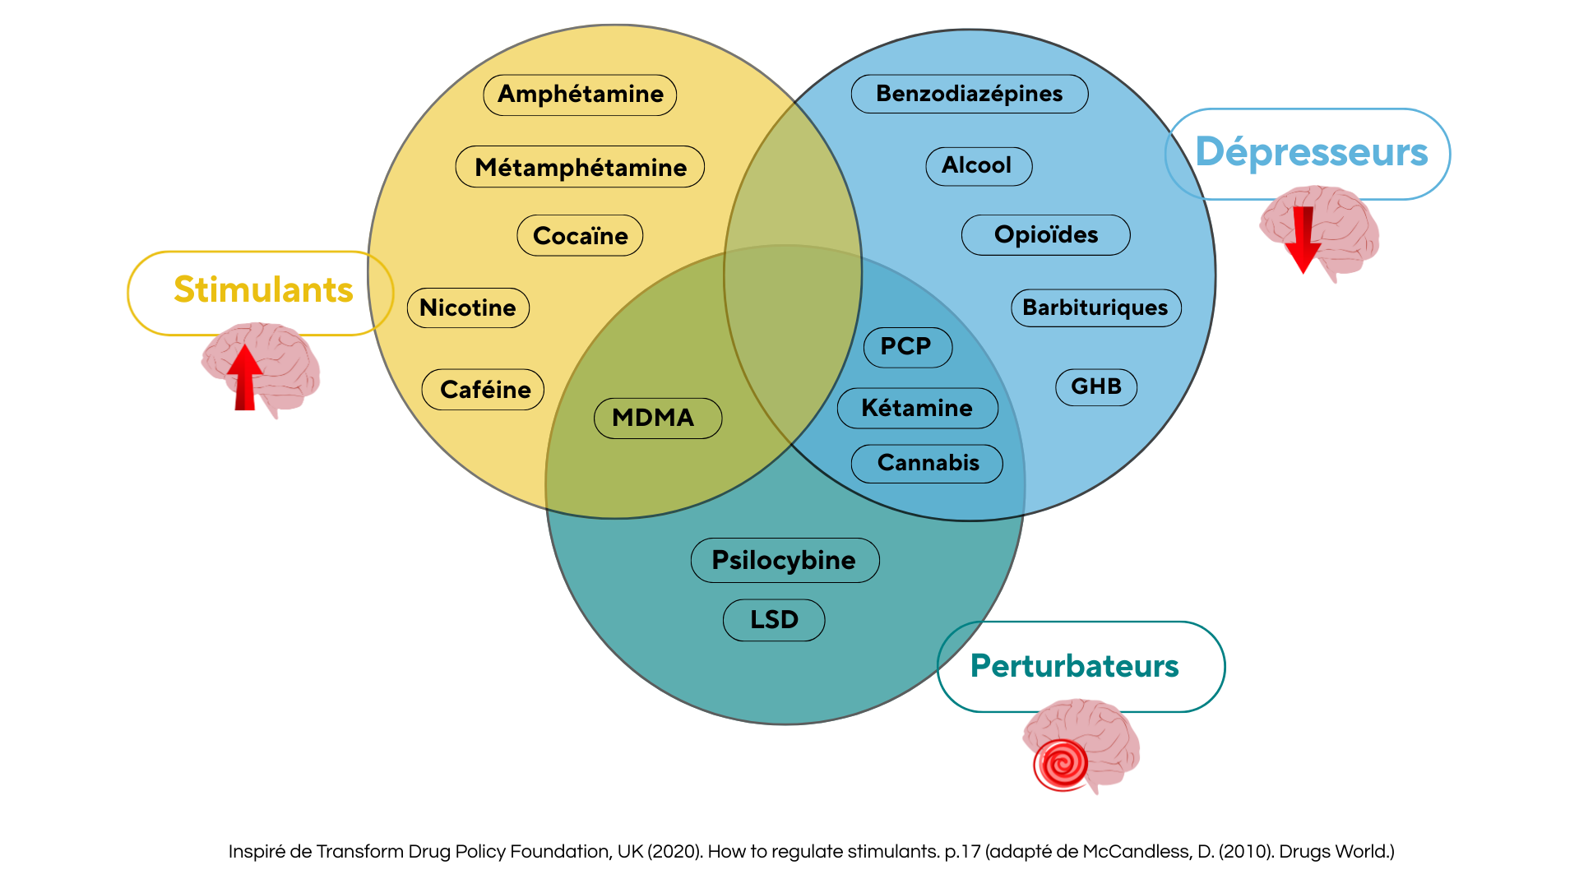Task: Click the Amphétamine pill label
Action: [580, 95]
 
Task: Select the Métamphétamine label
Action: [580, 167]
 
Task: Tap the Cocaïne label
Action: [580, 236]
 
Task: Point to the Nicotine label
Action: [468, 308]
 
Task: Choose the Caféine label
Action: [484, 390]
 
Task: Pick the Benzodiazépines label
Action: [969, 94]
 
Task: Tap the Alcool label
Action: [978, 165]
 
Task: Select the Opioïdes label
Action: [1045, 235]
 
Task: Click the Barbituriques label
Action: [1095, 308]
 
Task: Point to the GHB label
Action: [1096, 386]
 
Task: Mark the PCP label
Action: [907, 346]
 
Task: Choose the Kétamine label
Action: [917, 408]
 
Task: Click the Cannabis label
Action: [927, 463]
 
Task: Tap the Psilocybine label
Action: [785, 560]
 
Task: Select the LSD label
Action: [774, 619]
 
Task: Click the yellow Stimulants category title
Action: [263, 290]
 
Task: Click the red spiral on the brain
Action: [1061, 764]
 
